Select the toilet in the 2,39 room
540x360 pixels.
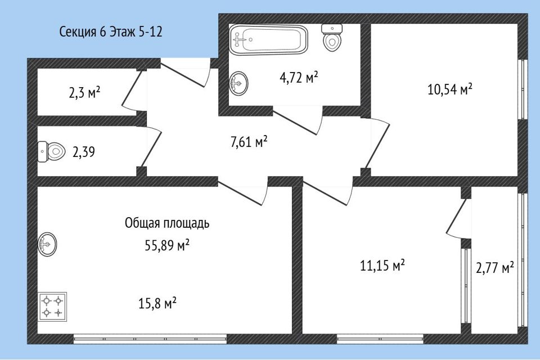click(x=52, y=151)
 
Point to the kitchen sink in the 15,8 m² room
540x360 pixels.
click(x=48, y=245)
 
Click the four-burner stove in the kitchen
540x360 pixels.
click(x=52, y=307)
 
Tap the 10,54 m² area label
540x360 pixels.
click(x=449, y=89)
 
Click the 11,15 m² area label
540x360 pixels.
click(x=382, y=265)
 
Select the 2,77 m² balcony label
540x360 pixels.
click(x=495, y=268)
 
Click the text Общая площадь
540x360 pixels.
click(x=167, y=223)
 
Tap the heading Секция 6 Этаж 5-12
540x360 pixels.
click(x=111, y=32)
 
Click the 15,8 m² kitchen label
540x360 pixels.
click(x=157, y=304)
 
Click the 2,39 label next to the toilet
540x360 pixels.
click(x=83, y=152)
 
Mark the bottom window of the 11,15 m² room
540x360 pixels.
click(x=380, y=338)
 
